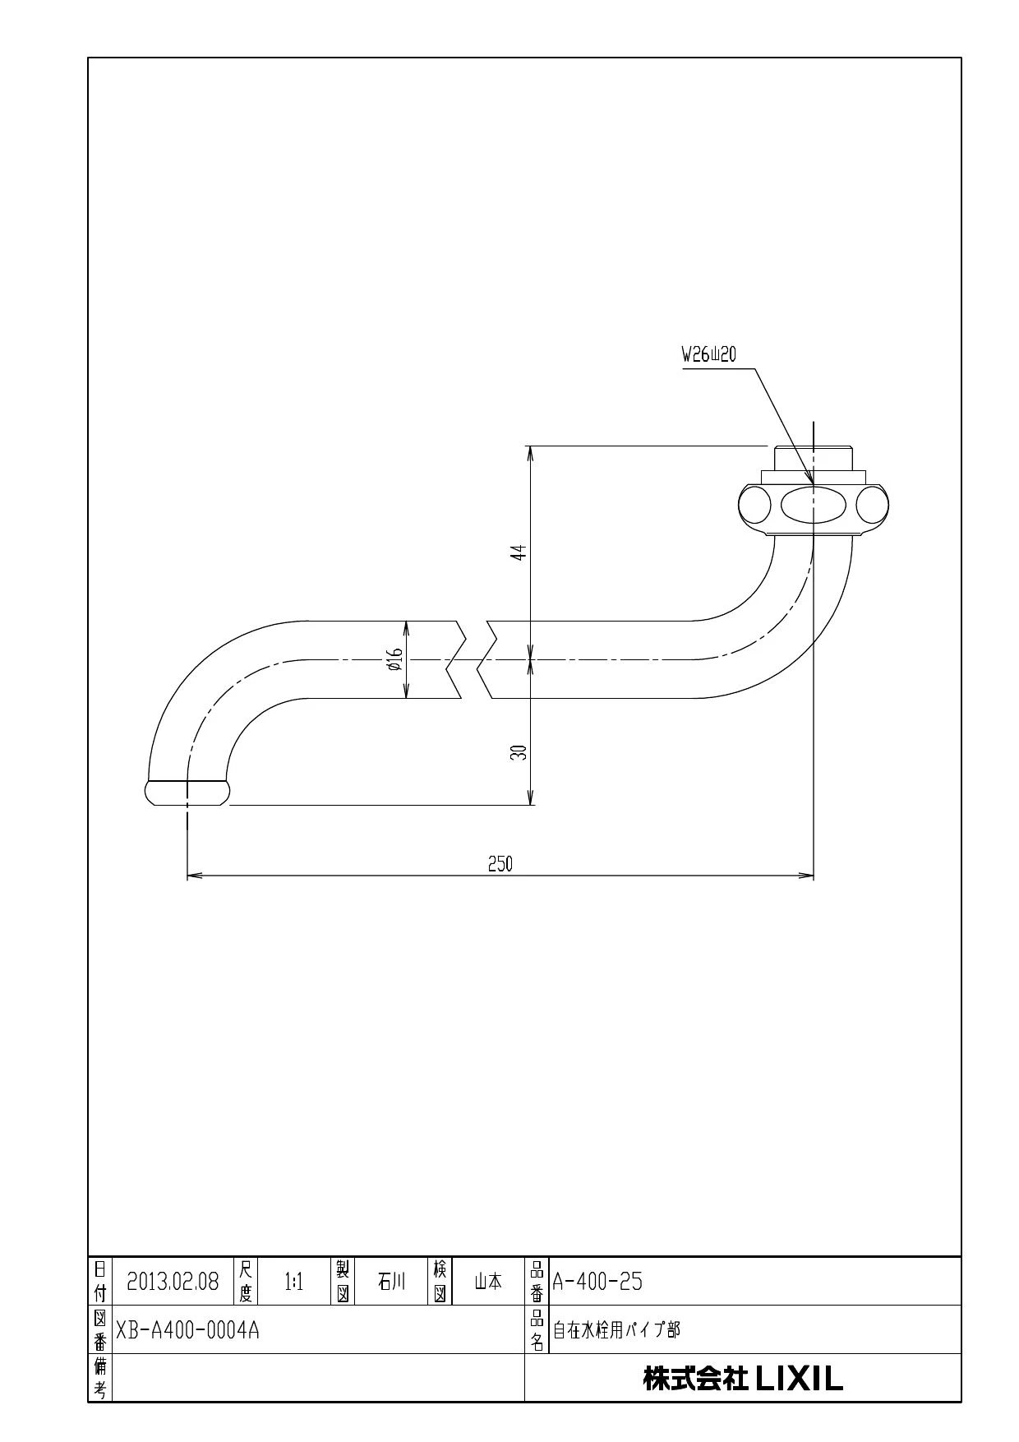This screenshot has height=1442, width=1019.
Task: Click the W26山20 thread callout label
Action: point(708,355)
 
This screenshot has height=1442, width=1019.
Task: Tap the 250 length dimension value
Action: point(500,863)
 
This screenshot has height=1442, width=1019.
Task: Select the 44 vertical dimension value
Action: point(518,552)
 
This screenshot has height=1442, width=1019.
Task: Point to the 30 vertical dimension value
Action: point(518,752)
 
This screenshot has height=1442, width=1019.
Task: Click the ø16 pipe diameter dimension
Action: point(394,659)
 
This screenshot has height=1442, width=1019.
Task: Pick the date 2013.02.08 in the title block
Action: point(173,1282)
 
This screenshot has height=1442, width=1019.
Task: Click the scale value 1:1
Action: point(294,1282)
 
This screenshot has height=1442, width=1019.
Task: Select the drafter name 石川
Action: point(391,1282)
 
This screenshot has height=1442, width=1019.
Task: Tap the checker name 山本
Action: point(488,1282)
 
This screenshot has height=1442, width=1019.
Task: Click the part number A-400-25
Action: point(597,1282)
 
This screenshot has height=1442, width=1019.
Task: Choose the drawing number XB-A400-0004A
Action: point(187,1330)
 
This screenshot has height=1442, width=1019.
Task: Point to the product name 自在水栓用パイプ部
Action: point(616,1330)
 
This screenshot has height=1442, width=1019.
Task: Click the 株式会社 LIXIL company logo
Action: point(743,1379)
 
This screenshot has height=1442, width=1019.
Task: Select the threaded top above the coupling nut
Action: point(814,458)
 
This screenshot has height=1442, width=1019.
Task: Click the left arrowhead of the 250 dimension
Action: point(194,876)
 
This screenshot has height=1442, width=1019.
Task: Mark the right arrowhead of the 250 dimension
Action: point(807,876)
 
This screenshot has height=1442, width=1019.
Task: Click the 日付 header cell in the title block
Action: point(99,1282)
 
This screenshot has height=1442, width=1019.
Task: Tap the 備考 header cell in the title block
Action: point(99,1379)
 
